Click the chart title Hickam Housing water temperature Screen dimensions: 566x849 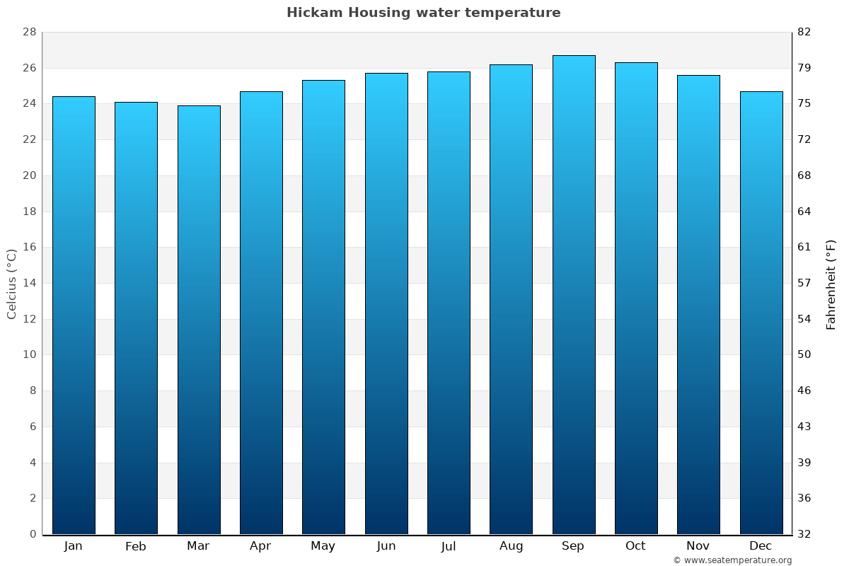click(x=423, y=13)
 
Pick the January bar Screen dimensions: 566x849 click(x=74, y=315)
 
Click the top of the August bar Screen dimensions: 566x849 click(x=511, y=65)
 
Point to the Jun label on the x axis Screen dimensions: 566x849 click(x=386, y=546)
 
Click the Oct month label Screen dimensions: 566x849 click(x=635, y=546)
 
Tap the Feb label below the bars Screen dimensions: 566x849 click(x=135, y=546)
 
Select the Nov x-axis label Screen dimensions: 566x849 click(x=698, y=546)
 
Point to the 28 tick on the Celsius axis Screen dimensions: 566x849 click(x=29, y=33)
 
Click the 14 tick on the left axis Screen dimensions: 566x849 click(x=29, y=283)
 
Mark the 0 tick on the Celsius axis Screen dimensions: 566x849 click(x=33, y=534)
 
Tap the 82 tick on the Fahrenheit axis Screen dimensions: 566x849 click(x=804, y=33)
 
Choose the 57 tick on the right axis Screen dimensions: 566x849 click(x=804, y=283)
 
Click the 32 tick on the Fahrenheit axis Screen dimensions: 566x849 click(x=804, y=534)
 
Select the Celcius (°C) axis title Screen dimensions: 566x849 click(x=11, y=284)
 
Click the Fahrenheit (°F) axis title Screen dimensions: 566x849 click(x=831, y=284)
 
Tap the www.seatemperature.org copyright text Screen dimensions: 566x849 click(x=732, y=560)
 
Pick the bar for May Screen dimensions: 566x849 click(x=323, y=307)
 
